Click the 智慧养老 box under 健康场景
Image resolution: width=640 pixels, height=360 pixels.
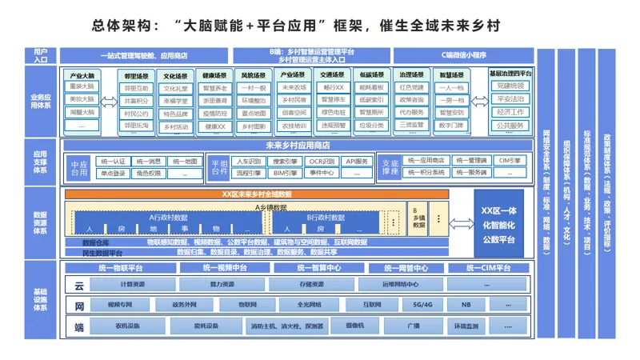point(215,88)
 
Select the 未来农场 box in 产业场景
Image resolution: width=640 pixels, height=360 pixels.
point(294,88)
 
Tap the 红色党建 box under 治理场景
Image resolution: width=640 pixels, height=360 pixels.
point(413,88)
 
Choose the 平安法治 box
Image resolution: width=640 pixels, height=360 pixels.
point(510,99)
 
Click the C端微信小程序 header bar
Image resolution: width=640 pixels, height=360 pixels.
point(465,55)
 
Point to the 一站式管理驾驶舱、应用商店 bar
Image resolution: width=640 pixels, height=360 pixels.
point(144,55)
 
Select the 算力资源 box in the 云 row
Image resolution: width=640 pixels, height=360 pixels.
point(218,284)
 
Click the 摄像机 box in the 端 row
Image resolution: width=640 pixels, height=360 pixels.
point(355,326)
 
